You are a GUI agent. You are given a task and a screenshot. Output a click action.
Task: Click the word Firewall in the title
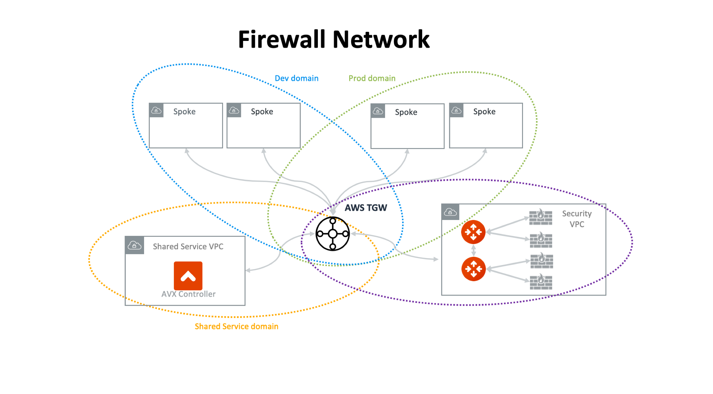tap(283, 39)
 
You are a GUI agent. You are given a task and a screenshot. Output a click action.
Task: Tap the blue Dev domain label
tap(296, 78)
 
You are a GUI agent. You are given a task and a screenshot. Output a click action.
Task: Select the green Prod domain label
tap(372, 78)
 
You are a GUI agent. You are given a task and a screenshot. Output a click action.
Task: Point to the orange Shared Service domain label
tap(236, 326)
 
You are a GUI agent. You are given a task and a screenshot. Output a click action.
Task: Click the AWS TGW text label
tap(366, 208)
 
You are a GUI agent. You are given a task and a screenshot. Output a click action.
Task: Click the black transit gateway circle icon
tap(333, 234)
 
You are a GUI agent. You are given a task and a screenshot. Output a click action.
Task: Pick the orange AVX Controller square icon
tap(188, 276)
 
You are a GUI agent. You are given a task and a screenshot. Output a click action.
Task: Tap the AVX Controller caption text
tap(188, 294)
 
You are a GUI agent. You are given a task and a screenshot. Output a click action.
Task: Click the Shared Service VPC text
tap(188, 246)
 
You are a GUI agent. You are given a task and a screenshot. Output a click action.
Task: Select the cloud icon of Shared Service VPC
tap(134, 245)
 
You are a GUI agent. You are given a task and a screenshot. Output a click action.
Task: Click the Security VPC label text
tap(577, 219)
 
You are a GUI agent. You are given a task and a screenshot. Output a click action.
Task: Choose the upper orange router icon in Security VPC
tap(473, 232)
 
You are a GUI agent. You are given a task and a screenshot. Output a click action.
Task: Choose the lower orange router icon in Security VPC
tap(473, 269)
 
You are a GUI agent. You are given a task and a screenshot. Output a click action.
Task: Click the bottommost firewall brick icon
tap(541, 282)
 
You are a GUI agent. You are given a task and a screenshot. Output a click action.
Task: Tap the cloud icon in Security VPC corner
tap(450, 212)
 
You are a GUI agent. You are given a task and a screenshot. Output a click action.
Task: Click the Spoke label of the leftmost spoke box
tap(184, 112)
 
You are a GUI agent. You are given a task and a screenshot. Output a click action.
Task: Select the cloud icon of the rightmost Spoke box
tap(456, 110)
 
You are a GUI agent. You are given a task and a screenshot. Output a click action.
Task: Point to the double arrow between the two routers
tap(473, 250)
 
